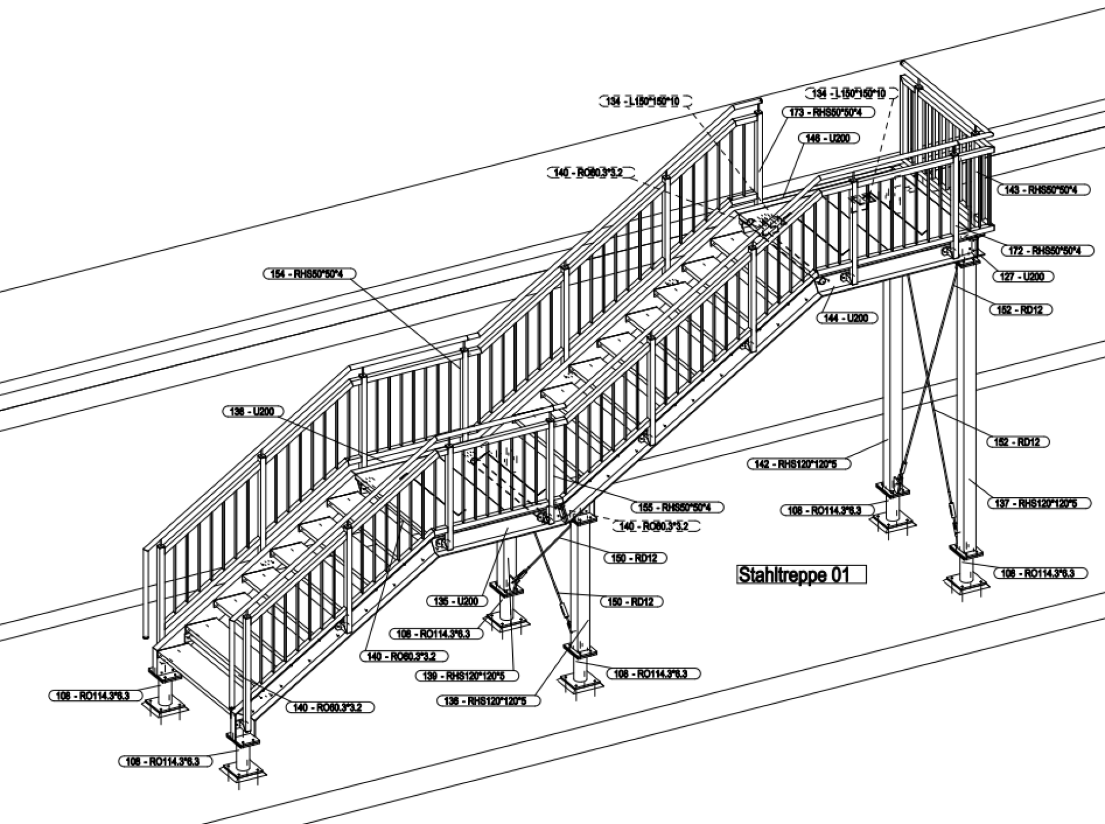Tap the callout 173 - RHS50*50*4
tap(828, 112)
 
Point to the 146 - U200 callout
tap(828, 139)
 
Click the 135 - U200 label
tap(457, 601)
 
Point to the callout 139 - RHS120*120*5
tap(467, 676)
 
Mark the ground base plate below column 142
tap(893, 523)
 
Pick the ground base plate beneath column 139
tap(506, 621)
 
